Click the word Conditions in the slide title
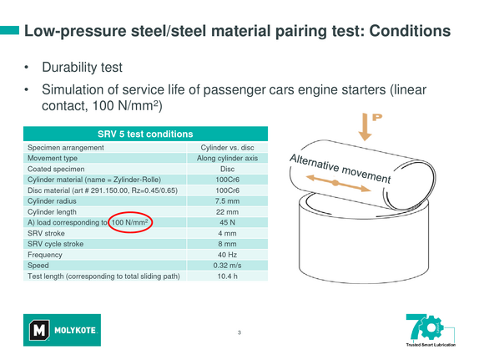tap(410, 31)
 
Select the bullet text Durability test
tap(82, 68)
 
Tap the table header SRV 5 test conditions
tap(145, 134)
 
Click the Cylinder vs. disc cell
tap(227, 148)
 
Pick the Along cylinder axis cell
tap(227, 158)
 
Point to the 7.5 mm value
tap(227, 201)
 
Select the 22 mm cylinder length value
tap(227, 211)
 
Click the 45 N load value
tap(227, 222)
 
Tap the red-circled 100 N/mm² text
tap(129, 222)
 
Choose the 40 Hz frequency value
tap(227, 255)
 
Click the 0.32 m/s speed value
tap(227, 265)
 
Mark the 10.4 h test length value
tap(227, 276)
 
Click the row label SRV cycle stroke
tap(55, 244)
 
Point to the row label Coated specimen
tap(56, 169)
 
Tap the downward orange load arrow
tap(365, 127)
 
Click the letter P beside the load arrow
tap(377, 117)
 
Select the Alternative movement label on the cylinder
tap(340, 169)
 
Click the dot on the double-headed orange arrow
tap(335, 183)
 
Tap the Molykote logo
tap(62, 330)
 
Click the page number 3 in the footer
tap(239, 332)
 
